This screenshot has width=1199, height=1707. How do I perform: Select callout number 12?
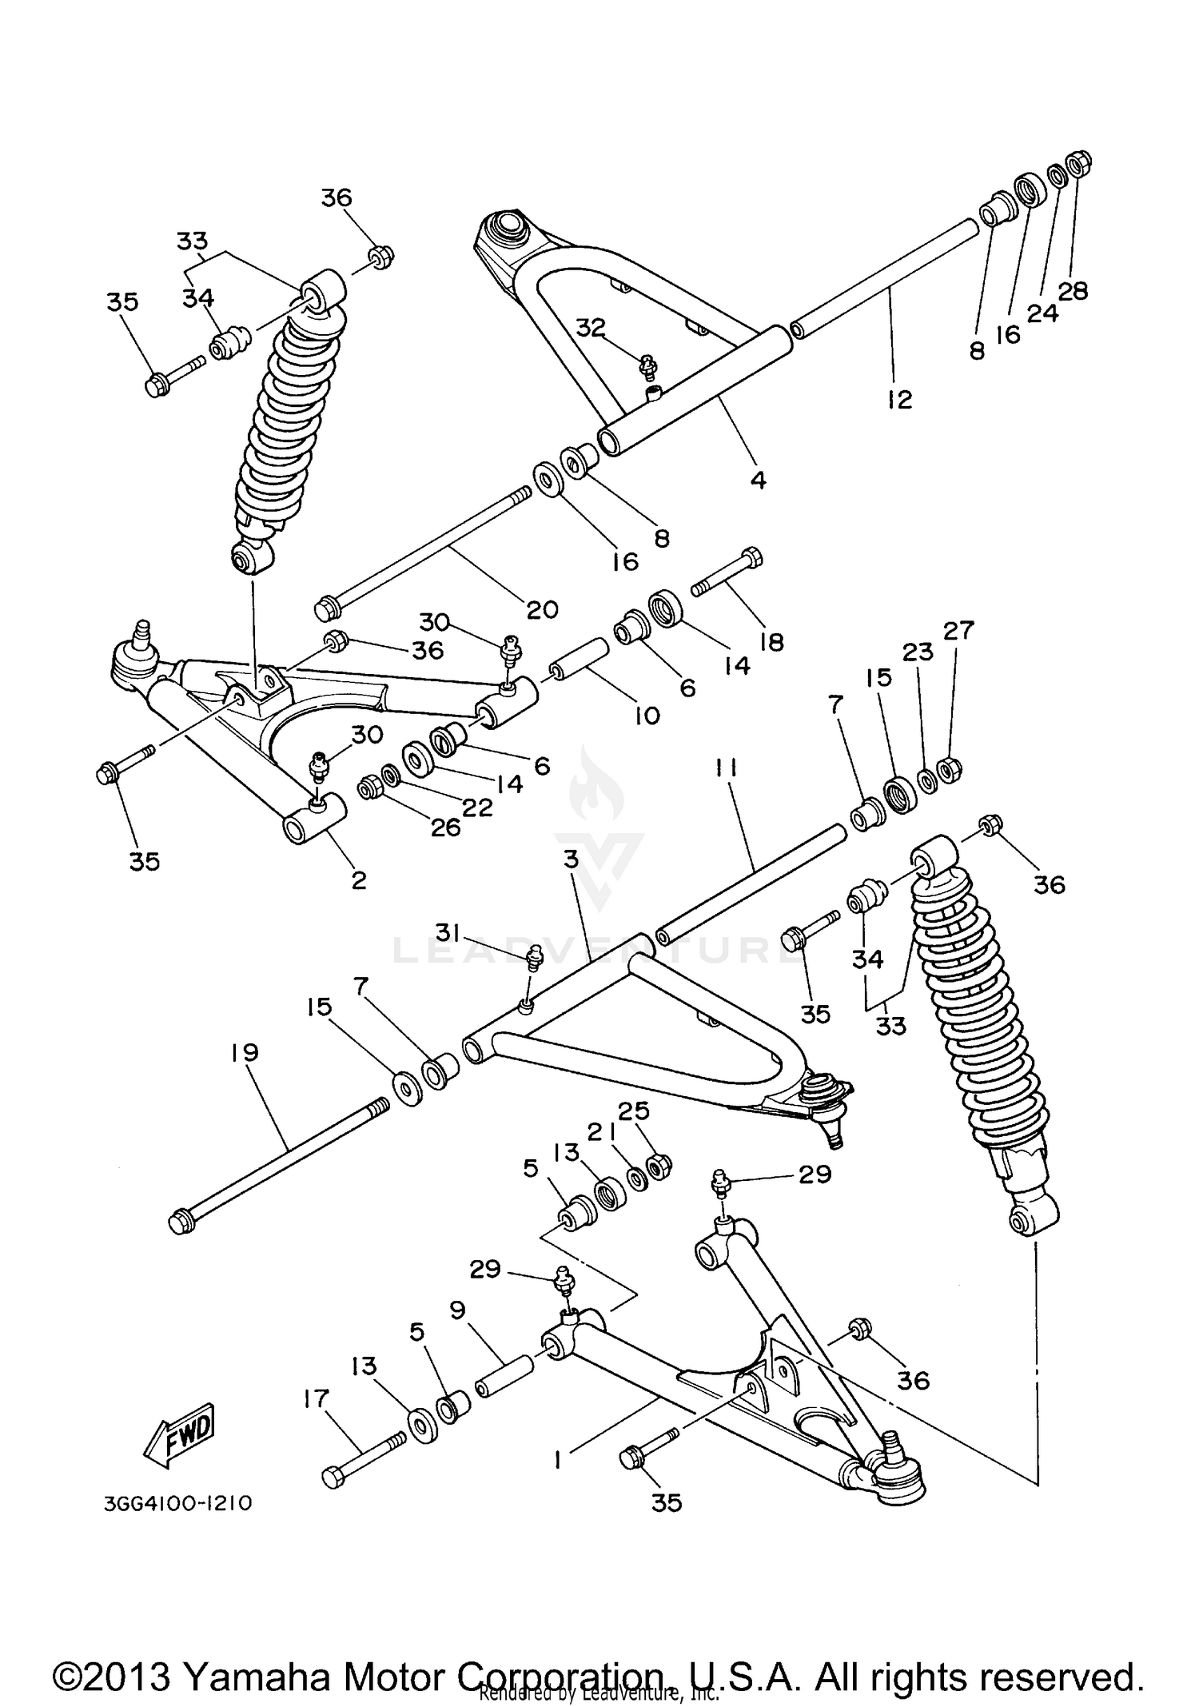pyautogui.click(x=899, y=399)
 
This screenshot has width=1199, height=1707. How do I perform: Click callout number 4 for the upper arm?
pyautogui.click(x=758, y=480)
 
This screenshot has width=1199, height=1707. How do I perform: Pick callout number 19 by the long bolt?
pyautogui.click(x=245, y=1053)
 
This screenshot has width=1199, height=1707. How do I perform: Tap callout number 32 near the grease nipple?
pyautogui.click(x=591, y=329)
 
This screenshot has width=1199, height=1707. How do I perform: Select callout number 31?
pyautogui.click(x=448, y=931)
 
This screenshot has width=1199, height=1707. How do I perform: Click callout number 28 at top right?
pyautogui.click(x=1073, y=292)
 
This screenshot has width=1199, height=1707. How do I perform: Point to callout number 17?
pyautogui.click(x=317, y=1398)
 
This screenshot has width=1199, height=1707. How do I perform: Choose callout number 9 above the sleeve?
pyautogui.click(x=457, y=1310)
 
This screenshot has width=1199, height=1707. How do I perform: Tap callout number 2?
pyautogui.click(x=359, y=880)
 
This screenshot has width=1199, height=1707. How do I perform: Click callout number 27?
pyautogui.click(x=958, y=631)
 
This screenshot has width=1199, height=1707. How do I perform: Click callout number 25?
pyautogui.click(x=633, y=1111)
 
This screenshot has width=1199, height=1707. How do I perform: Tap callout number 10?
pyautogui.click(x=647, y=716)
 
